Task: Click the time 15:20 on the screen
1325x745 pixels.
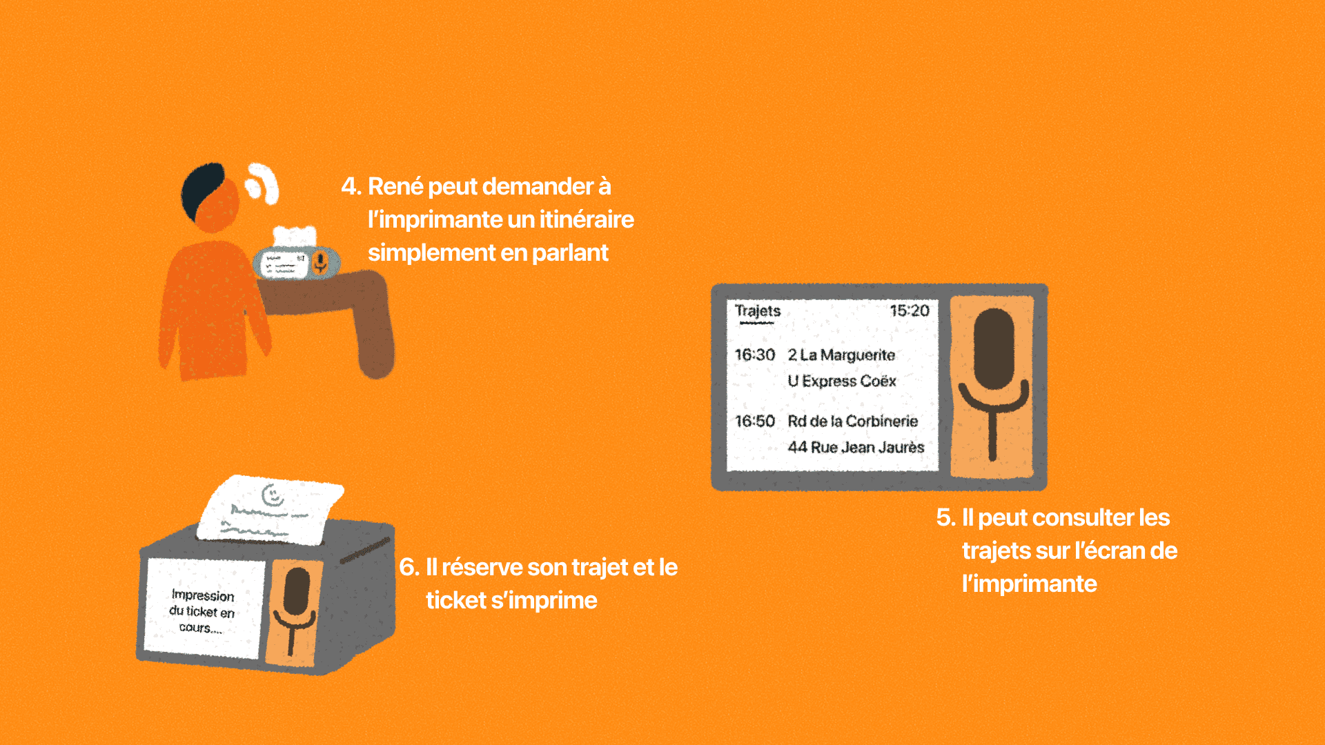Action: pos(910,310)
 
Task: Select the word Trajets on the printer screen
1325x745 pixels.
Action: pos(758,312)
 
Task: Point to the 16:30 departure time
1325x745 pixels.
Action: pos(755,355)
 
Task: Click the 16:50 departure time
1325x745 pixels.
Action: pos(755,421)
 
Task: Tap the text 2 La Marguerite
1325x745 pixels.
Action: pos(841,355)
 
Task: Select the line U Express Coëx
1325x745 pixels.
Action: pos(842,381)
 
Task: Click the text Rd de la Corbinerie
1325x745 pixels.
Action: pos(853,421)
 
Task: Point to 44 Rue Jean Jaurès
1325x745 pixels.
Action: pos(856,447)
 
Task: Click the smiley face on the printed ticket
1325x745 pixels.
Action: pos(273,495)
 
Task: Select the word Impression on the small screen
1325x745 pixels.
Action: pos(203,595)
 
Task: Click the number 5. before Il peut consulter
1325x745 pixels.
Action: pos(945,517)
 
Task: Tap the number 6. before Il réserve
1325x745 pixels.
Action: pos(409,567)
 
